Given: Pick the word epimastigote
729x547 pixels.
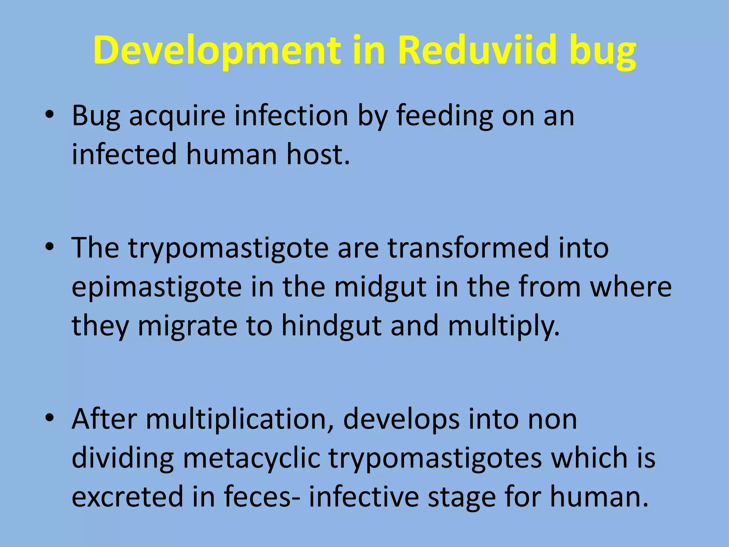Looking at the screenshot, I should pos(157,287).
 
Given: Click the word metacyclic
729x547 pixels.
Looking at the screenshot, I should pos(251,459).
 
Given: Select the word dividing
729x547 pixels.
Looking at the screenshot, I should pos(122,459).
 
